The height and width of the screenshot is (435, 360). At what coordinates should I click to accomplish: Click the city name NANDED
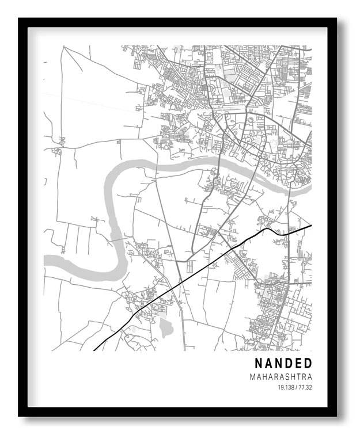(283, 364)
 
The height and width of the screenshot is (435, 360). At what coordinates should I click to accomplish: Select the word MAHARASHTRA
(281, 377)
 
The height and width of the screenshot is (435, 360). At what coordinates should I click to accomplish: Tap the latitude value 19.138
(285, 387)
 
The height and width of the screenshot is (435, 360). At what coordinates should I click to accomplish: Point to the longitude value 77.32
(305, 387)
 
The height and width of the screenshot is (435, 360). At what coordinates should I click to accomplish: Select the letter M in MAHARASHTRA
(253, 377)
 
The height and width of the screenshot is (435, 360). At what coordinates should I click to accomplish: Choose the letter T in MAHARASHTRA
(299, 377)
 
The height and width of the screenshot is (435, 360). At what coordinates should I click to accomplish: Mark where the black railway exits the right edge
(311, 226)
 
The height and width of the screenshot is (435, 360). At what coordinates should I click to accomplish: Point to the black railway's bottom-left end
(94, 350)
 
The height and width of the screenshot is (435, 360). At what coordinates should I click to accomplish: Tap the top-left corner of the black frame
(20, 19)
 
